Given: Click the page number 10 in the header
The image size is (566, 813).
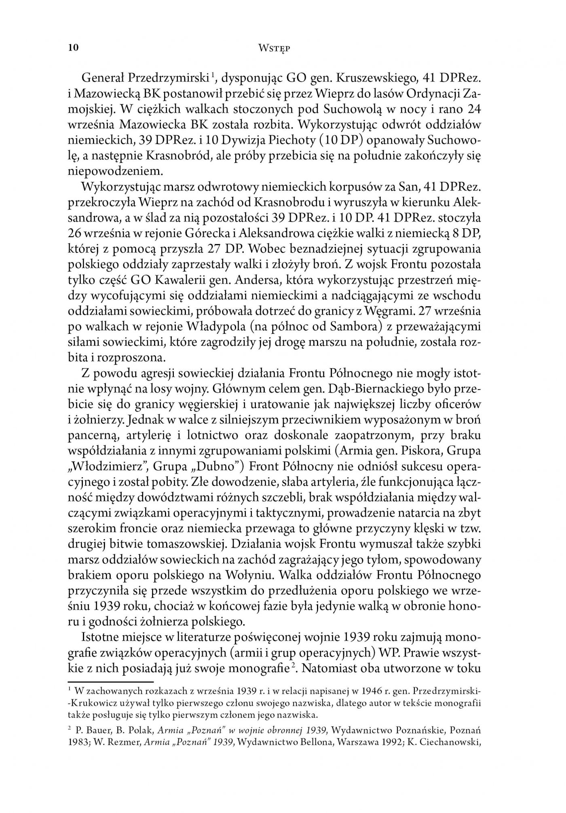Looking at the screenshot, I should (74, 48).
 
